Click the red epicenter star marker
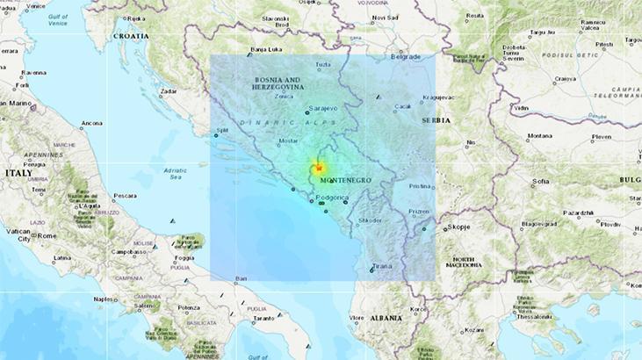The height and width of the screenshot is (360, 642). pyautogui.click(x=321, y=168)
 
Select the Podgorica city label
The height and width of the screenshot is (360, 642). pyautogui.click(x=332, y=199)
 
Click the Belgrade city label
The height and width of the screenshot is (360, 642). pyautogui.click(x=405, y=56)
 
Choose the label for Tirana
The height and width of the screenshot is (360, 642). pyautogui.click(x=382, y=265)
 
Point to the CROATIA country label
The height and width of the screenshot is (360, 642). pyautogui.click(x=130, y=38)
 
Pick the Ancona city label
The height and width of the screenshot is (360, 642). pyautogui.click(x=91, y=123)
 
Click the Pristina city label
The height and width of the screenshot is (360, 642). pyautogui.click(x=420, y=186)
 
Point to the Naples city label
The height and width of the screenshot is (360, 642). pyautogui.click(x=105, y=299)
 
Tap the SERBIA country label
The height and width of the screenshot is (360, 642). pyautogui.click(x=435, y=120)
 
